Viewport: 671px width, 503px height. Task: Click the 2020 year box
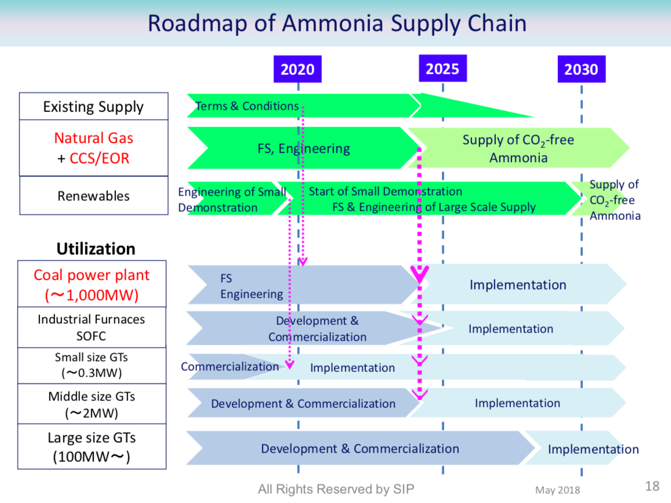coord(298,70)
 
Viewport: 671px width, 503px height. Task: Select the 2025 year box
coord(443,68)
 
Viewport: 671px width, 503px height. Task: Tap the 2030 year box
coord(581,70)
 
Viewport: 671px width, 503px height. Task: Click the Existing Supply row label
coord(93,107)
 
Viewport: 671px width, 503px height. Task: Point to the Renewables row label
coord(93,196)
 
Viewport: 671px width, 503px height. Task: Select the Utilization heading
coord(96,249)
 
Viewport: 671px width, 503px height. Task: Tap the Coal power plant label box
coord(92,285)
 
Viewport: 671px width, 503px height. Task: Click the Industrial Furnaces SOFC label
coord(92,328)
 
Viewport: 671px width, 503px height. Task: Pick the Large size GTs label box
coord(92,447)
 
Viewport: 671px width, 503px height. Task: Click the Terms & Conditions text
coord(247,106)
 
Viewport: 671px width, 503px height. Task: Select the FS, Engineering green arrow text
coord(303,149)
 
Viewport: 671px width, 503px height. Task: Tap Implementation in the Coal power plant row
coord(517,285)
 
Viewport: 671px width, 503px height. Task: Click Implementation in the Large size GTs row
coord(593,449)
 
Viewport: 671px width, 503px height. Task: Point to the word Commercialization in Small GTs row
coord(230,367)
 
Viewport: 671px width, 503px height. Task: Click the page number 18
coord(652,486)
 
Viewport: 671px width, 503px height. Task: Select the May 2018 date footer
coord(557,491)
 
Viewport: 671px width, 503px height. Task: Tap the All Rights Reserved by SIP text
coord(336,489)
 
